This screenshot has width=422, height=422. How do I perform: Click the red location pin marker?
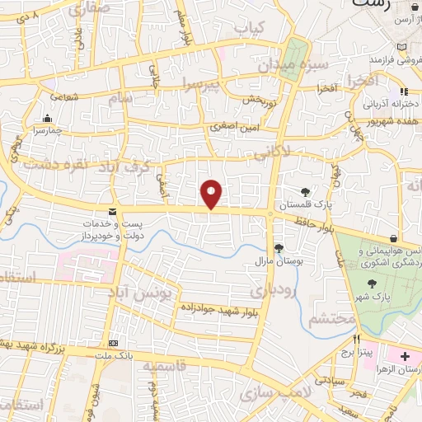[x=212, y=194]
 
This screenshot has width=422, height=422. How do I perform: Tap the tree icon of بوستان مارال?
[x=279, y=248]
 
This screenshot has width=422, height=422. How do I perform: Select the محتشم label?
[x=334, y=318]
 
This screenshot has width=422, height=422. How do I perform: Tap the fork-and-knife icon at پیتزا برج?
[x=357, y=338]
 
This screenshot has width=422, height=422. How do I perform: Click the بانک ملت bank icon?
[x=114, y=343]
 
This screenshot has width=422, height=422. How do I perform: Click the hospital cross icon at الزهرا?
[x=405, y=356]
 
